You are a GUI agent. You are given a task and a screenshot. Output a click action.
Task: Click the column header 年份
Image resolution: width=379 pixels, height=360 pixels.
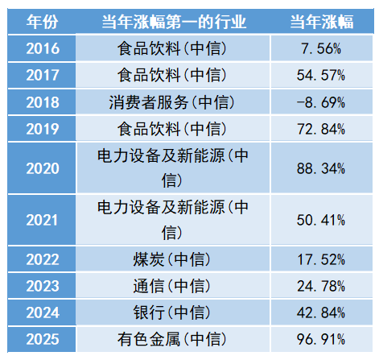click(42, 22)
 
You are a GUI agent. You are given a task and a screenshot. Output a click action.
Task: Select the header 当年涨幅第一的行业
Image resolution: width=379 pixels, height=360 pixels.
click(174, 22)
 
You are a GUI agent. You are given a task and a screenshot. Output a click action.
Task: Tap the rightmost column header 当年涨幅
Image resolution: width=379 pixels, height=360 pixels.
click(322, 22)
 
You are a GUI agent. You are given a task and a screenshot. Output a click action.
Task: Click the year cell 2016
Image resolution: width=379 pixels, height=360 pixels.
click(43, 48)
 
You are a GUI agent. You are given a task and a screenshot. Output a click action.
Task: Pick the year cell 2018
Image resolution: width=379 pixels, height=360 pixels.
click(43, 102)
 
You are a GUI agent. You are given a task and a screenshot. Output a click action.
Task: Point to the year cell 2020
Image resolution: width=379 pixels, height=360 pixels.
click(43, 168)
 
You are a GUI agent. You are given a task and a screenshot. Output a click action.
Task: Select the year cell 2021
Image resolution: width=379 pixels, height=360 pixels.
click(42, 221)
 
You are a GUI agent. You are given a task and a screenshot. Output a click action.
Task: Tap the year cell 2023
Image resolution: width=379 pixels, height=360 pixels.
click(43, 286)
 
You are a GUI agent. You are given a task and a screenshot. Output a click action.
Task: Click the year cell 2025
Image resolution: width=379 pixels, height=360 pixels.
click(43, 339)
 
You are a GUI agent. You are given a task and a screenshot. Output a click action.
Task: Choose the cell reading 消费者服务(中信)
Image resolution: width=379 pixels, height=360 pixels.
click(171, 102)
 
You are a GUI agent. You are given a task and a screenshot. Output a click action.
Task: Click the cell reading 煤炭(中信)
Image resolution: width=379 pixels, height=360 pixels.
click(171, 259)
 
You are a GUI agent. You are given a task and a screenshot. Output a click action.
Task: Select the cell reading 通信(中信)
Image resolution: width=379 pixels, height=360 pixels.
click(171, 286)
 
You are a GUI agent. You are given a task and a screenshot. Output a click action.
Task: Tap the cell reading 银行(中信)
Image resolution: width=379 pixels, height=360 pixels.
click(171, 312)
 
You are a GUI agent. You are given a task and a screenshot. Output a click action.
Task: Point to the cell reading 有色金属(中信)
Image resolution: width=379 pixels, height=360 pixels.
click(171, 339)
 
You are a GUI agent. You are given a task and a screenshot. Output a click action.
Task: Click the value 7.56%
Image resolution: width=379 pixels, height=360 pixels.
click(321, 49)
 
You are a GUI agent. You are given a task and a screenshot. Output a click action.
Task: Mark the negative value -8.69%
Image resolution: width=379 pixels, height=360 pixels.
click(321, 102)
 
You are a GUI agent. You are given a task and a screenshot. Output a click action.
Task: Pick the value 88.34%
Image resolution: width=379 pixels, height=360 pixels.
click(321, 169)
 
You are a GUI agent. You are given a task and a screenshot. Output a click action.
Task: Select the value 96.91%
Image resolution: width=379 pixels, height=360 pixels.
click(321, 339)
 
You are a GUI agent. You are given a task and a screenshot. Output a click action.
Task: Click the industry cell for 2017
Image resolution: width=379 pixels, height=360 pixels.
click(171, 75)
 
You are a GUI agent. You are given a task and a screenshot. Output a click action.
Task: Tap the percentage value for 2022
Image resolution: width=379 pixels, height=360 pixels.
click(321, 260)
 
